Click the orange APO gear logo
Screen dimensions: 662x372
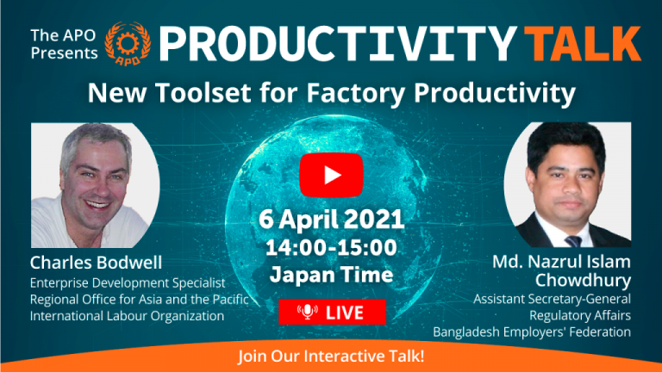pos(128,44)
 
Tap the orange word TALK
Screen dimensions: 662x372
pos(585,44)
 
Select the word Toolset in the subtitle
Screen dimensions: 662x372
pos(203,92)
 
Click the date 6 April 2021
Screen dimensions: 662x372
pos(331,220)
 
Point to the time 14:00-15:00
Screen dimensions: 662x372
pos(331,248)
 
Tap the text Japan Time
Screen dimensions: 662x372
pos(331,275)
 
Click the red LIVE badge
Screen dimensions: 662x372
pos(332,312)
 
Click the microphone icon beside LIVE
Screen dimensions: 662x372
pos(308,312)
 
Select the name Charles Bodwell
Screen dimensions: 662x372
pos(96,263)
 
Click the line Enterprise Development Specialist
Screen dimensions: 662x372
pos(128,282)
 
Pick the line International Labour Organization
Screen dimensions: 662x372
pos(127,315)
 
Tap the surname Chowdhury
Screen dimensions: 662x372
pos(583,280)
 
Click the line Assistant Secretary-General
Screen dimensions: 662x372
pos(552,299)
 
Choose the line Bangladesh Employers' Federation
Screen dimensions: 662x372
pos(532,332)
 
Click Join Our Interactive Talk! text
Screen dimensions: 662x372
pos(331,356)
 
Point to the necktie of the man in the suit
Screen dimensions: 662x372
pos(573,241)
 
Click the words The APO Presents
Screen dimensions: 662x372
pos(64,44)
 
